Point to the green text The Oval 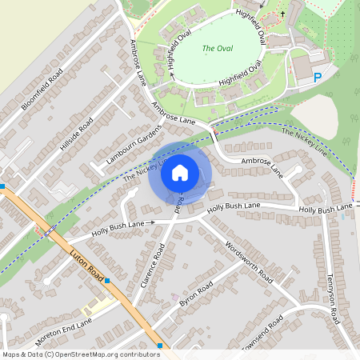(x=217, y=49)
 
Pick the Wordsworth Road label (x=249, y=262)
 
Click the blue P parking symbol (x=318, y=78)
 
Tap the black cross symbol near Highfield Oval (x=282, y=14)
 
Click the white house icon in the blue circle (x=180, y=172)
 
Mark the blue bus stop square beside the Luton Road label (x=106, y=281)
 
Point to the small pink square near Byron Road (x=174, y=297)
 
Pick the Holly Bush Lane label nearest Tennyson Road (x=325, y=210)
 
